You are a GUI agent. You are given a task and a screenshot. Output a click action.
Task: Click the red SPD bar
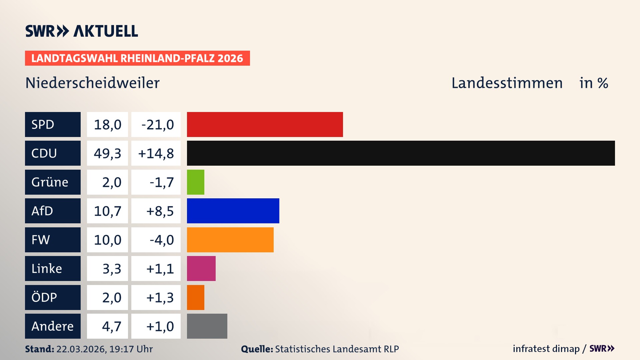[265, 124]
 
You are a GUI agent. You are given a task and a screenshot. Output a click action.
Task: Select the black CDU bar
[401, 153]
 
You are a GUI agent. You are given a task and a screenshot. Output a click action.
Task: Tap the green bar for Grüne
[195, 182]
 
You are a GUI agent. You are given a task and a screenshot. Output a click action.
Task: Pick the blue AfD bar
[233, 211]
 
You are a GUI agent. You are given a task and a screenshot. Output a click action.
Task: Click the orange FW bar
[230, 240]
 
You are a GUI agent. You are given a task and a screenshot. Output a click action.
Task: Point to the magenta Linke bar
[201, 268]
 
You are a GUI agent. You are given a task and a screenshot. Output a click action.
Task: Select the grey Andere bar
[207, 326]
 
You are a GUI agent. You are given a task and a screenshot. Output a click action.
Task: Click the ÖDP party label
[53, 297]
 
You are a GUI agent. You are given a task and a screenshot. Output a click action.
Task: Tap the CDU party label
[53, 153]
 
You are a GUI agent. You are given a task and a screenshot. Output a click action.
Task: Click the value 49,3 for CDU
[107, 153]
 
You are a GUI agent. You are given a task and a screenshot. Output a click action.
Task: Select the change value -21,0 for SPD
[156, 125]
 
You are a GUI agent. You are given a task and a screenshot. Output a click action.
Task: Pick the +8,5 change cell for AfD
[156, 211]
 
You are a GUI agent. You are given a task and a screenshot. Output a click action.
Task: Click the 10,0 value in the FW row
[107, 240]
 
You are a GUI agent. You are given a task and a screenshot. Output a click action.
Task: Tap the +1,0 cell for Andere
[156, 326]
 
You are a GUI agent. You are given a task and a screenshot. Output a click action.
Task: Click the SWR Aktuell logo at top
[81, 31]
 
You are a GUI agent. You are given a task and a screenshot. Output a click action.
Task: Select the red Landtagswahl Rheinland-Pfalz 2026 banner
[137, 58]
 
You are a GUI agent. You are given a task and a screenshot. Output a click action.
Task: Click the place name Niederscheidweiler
[92, 83]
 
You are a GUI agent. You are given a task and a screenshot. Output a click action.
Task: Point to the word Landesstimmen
[507, 83]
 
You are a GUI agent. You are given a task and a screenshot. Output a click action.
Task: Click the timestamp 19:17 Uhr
[131, 349]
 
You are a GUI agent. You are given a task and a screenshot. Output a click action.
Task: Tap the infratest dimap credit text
[546, 349]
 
